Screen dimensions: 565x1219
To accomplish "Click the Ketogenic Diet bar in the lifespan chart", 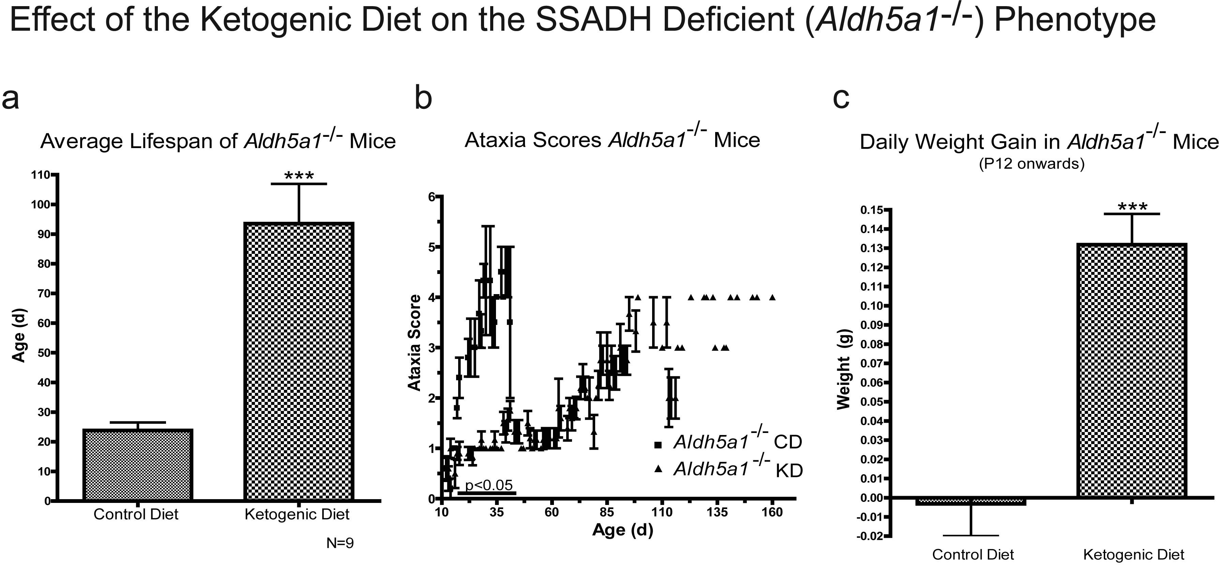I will click(x=299, y=361).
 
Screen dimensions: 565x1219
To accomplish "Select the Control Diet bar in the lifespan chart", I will click(x=138, y=465).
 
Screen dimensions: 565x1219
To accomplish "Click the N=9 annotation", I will click(x=340, y=543).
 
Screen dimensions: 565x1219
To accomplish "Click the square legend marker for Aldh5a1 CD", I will click(x=658, y=444).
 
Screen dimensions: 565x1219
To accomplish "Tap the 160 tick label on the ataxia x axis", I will click(x=772, y=512).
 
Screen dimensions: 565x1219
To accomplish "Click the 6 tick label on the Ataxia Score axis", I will click(x=432, y=197).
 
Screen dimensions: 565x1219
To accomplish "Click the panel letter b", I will click(x=423, y=98).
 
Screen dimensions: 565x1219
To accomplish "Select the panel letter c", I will click(x=841, y=98).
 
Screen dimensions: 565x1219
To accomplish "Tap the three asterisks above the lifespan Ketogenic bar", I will click(x=299, y=176).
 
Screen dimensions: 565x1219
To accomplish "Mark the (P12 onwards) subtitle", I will click(x=1032, y=163).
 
